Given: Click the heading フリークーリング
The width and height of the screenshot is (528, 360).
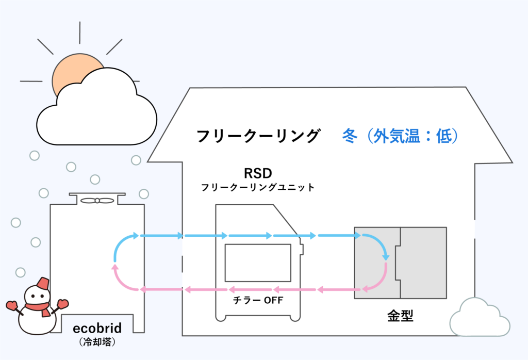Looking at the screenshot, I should click(258, 136).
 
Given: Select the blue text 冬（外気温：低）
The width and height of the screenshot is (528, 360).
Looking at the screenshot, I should click(400, 136).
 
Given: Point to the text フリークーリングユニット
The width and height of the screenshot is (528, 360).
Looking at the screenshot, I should click(257, 188).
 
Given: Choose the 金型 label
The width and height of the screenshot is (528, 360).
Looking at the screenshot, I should click(400, 315).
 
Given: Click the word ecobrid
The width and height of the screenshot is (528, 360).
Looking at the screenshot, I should click(96, 329).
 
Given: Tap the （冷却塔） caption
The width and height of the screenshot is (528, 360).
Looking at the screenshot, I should click(96, 341).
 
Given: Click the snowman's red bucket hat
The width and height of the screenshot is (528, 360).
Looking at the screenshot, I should click(42, 283).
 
